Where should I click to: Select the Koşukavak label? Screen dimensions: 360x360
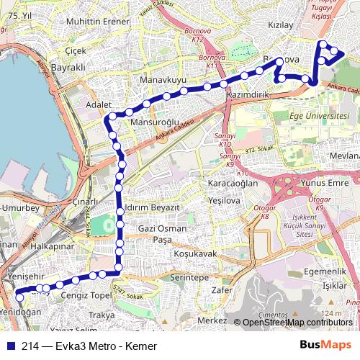(x=195, y=253)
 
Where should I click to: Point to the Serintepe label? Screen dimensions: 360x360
(x=189, y=276)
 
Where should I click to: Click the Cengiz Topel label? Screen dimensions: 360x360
(x=86, y=295)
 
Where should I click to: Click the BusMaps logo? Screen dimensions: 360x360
(x=326, y=346)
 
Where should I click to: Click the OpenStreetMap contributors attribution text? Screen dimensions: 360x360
(x=297, y=322)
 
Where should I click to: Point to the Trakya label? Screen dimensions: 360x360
(x=102, y=315)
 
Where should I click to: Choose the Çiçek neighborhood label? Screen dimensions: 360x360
(x=75, y=51)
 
